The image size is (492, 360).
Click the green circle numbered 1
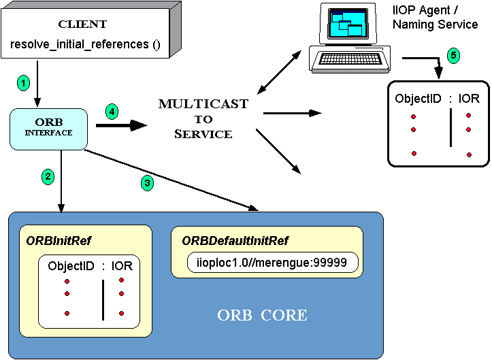[24, 83]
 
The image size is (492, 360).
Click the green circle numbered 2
[47, 177]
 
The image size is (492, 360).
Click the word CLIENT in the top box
[82, 24]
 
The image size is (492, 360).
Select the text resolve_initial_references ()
[85, 44]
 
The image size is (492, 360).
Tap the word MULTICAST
[203, 104]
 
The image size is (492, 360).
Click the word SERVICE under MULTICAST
[203, 134]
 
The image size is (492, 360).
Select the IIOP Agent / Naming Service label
[436, 18]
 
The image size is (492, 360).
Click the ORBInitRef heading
[59, 240]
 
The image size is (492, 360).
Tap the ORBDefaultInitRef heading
[234, 240]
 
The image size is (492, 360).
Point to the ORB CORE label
[262, 316]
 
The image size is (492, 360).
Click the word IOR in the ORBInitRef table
[122, 266]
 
